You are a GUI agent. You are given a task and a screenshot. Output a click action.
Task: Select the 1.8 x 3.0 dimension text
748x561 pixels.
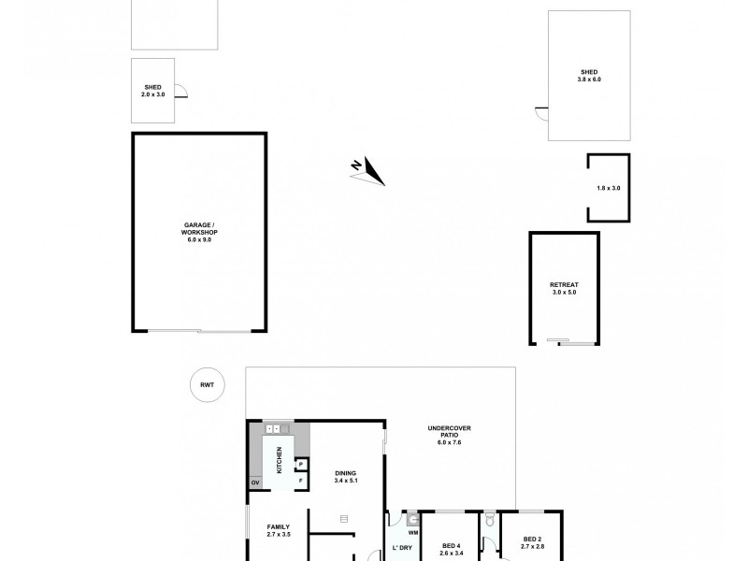[609, 189]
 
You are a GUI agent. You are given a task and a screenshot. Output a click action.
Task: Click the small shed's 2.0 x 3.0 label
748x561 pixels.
[151, 92]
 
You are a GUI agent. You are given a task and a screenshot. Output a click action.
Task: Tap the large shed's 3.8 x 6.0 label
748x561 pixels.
[589, 77]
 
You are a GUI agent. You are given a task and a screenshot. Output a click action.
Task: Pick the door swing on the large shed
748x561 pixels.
[540, 112]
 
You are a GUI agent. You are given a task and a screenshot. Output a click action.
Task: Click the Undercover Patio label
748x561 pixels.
[450, 435]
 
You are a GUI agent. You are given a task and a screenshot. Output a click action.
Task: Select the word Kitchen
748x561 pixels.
[279, 456]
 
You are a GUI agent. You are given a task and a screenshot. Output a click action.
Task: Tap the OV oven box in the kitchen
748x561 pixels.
[253, 483]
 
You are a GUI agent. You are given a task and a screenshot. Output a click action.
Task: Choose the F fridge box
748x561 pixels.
[301, 482]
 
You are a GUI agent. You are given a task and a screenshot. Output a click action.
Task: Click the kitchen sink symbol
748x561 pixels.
[277, 429]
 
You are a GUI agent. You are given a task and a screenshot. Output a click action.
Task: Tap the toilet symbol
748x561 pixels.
[488, 517]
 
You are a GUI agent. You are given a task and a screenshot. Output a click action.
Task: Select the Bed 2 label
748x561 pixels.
[533, 541]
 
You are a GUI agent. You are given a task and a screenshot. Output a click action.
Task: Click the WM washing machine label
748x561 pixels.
[412, 532]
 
